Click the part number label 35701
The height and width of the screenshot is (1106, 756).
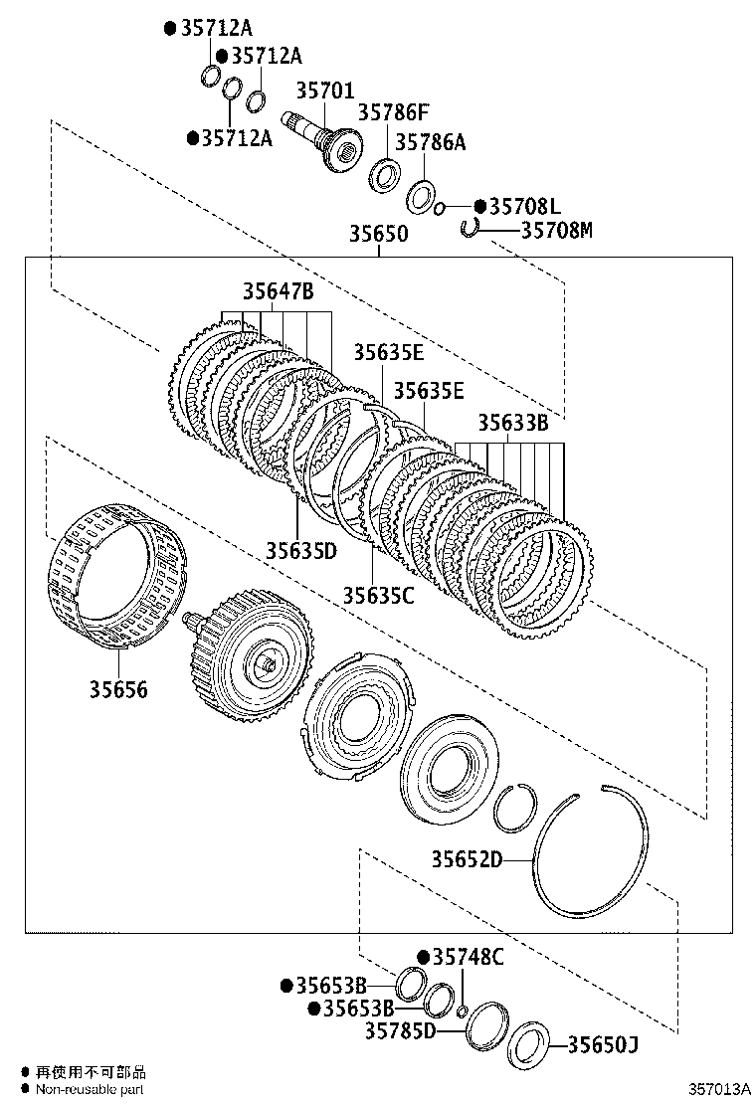coord(323,92)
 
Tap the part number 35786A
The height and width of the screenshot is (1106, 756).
coord(430,142)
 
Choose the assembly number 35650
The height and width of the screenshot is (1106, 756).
coord(378,235)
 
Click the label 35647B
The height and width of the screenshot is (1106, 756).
coord(278,291)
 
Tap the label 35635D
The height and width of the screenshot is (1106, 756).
coord(300,550)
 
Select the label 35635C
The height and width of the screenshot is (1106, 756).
coord(378,595)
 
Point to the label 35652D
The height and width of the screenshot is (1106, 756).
coord(467,859)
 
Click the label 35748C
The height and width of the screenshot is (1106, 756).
coord(468,957)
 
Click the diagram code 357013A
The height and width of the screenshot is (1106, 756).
coord(716,1091)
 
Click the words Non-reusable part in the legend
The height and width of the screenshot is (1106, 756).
coord(91,1089)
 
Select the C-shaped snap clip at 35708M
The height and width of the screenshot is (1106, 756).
coord(470,229)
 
